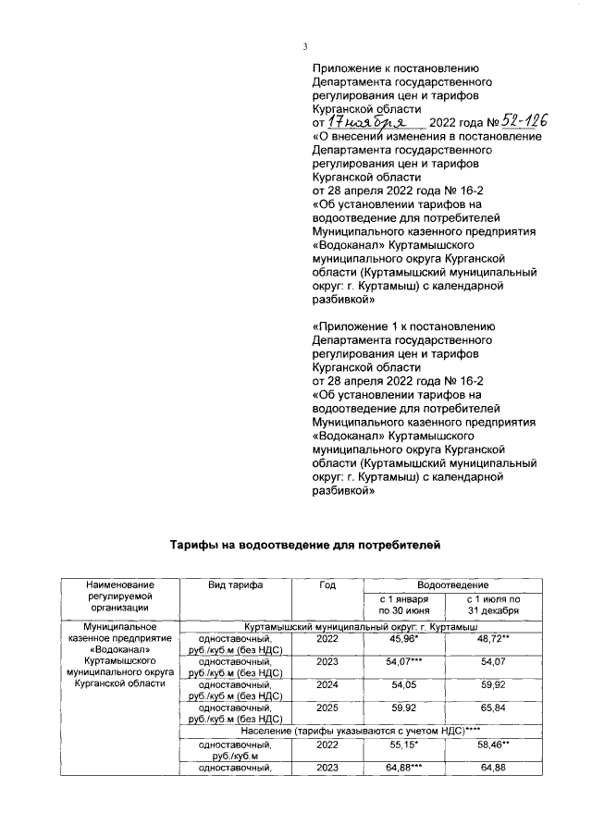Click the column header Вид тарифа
(x=236, y=586)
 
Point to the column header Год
(x=327, y=586)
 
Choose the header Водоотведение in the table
(x=452, y=585)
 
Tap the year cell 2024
(x=327, y=687)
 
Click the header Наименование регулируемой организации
(x=118, y=597)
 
